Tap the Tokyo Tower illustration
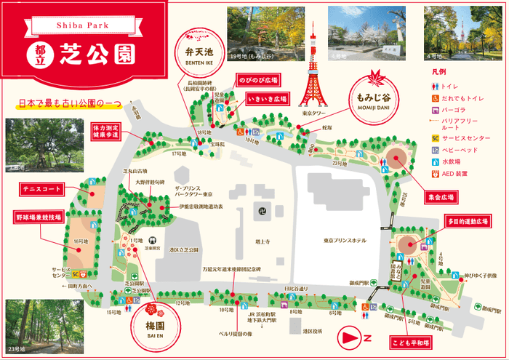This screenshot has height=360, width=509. click(x=313, y=69)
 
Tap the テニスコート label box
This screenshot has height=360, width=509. click(x=41, y=191)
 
